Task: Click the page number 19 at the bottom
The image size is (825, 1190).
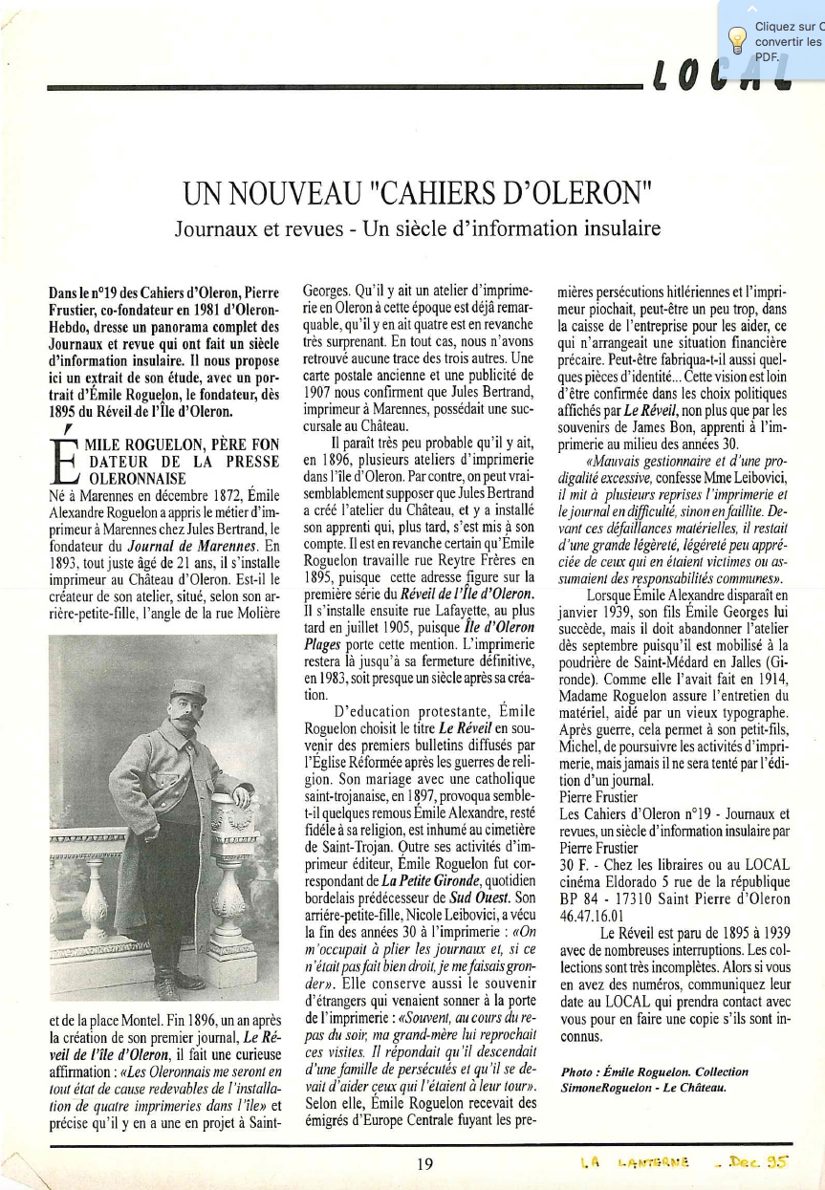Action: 425,1163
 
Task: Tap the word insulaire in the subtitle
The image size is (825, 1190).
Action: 613,230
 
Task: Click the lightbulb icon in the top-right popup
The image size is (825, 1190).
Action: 737,39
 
